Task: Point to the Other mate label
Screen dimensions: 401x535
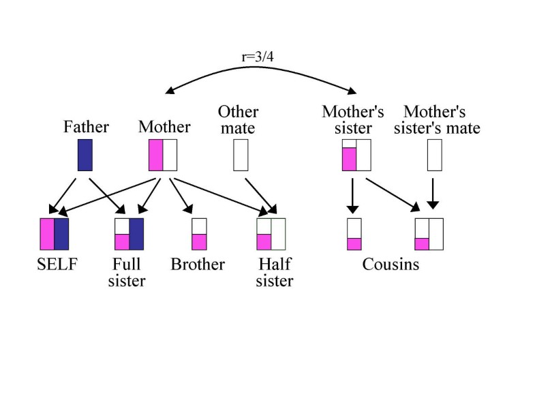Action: (238, 119)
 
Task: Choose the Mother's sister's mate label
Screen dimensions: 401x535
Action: (442, 119)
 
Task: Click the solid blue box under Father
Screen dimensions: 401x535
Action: (85, 155)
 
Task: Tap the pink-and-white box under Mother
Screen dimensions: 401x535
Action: (163, 155)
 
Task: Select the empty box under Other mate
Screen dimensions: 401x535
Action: (240, 155)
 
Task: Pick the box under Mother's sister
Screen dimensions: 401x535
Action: (356, 155)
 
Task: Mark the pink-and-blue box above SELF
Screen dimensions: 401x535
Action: (55, 234)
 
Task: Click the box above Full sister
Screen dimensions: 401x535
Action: (128, 234)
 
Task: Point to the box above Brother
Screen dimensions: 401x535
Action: (199, 234)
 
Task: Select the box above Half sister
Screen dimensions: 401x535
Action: (271, 234)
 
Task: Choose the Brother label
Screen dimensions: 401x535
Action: (198, 264)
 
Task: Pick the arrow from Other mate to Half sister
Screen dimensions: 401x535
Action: (259, 194)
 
